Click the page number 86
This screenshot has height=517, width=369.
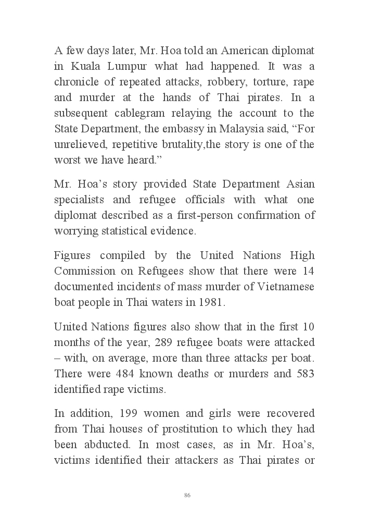187,495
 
